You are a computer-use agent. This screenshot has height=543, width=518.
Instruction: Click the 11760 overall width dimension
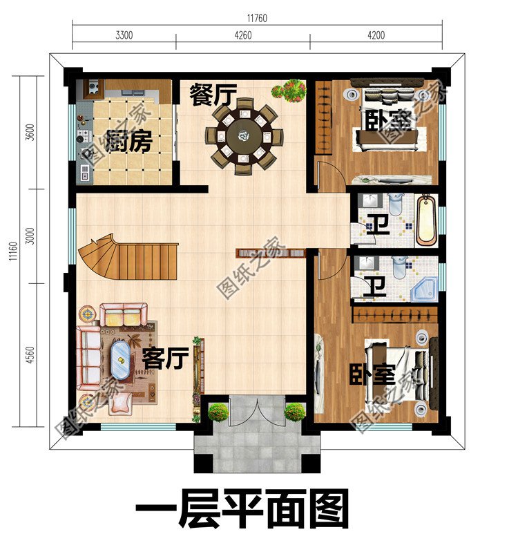coord(257,18)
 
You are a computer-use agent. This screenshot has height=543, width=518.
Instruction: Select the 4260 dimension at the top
coord(242,35)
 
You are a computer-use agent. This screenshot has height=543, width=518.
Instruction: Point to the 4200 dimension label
coord(375,35)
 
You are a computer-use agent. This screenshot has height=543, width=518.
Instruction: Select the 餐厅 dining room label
coord(213,95)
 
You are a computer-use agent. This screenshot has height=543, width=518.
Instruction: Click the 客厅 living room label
coord(166,359)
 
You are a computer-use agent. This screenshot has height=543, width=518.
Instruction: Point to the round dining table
coord(244,134)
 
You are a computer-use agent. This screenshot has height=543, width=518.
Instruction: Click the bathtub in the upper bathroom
coord(426,220)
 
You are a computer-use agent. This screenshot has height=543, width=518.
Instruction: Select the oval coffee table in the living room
coord(121,360)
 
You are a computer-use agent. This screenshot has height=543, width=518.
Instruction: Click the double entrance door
coord(256,412)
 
